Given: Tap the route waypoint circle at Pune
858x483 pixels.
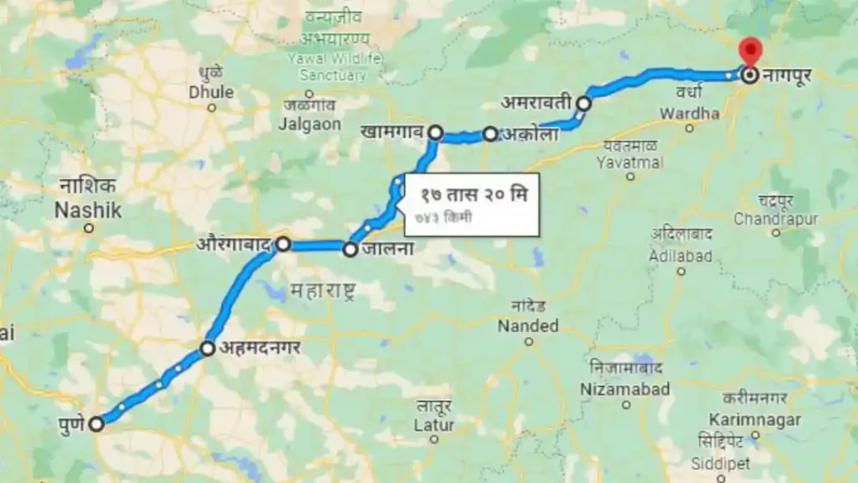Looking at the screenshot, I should [96, 423].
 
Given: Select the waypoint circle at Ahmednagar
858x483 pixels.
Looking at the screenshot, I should [208, 348].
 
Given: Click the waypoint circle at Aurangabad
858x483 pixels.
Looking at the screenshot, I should [283, 244].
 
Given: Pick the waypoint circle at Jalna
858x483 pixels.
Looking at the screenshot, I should [350, 248].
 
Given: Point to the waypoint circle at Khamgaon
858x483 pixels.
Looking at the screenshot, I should [436, 132].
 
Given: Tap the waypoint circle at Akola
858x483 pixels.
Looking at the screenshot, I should [490, 134].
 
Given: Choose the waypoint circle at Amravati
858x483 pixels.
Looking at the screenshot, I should [584, 103].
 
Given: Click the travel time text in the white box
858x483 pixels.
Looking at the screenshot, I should [474, 195].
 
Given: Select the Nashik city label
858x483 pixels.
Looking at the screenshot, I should [88, 210].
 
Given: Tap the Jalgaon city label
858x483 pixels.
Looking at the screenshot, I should [311, 124].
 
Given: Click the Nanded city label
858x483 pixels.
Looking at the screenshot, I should [528, 325].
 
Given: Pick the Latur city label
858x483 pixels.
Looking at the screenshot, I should [434, 425].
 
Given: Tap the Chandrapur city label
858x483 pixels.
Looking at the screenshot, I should [775, 219].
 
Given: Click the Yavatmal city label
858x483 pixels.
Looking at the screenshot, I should [632, 162].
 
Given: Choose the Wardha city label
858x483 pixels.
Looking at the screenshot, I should [690, 113].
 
